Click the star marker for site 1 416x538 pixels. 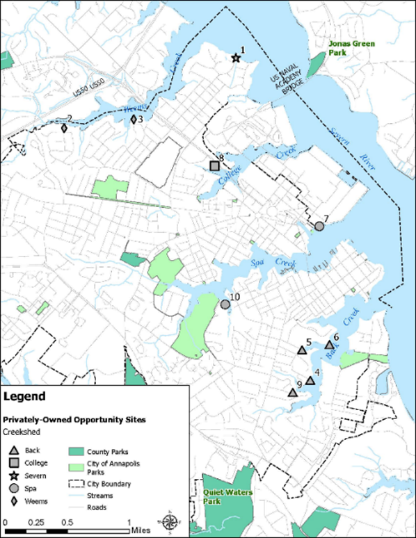pyautogui.click(x=235, y=58)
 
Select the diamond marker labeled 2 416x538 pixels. pyautogui.click(x=64, y=128)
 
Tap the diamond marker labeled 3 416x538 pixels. pyautogui.click(x=134, y=120)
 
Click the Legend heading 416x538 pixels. pyautogui.click(x=25, y=398)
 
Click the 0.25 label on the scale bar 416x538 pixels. pyautogui.click(x=37, y=521)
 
